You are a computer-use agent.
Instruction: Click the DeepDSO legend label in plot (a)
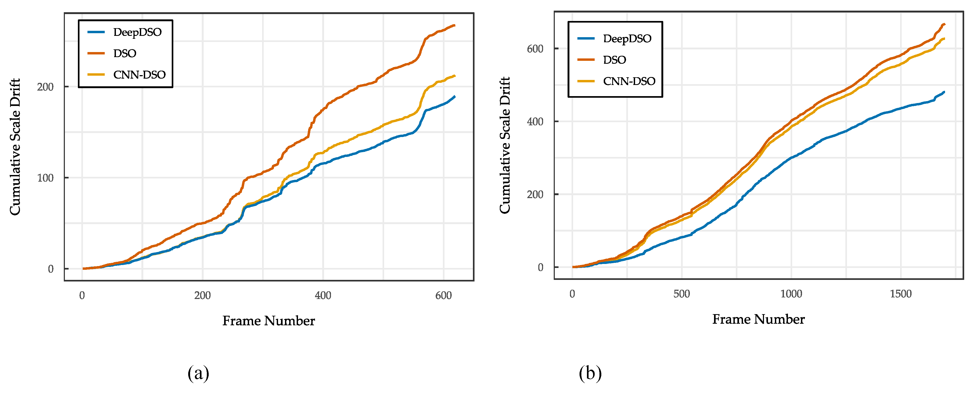click(x=137, y=32)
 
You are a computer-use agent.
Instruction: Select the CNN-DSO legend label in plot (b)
click(x=629, y=81)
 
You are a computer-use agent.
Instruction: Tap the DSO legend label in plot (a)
click(x=124, y=53)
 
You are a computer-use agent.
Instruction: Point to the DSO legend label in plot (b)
click(x=614, y=60)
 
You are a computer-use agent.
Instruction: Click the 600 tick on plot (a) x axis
click(x=443, y=296)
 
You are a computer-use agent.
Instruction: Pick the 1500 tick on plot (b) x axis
click(x=901, y=294)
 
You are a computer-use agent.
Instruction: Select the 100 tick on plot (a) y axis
click(x=45, y=178)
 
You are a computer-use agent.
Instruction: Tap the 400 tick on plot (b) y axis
click(x=535, y=122)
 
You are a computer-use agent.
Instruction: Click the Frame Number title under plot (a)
click(x=268, y=321)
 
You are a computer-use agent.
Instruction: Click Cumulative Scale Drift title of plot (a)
click(x=15, y=147)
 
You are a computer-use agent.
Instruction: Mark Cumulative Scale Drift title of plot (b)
click(x=505, y=145)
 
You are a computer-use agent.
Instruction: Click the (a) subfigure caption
click(x=198, y=373)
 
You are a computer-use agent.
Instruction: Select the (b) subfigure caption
click(x=590, y=373)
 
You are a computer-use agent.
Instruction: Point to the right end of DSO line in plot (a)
click(x=454, y=26)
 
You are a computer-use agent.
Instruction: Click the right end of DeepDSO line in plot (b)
click(x=944, y=92)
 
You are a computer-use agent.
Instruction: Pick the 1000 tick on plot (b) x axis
click(x=791, y=294)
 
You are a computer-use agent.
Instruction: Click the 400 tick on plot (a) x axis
click(x=323, y=296)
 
